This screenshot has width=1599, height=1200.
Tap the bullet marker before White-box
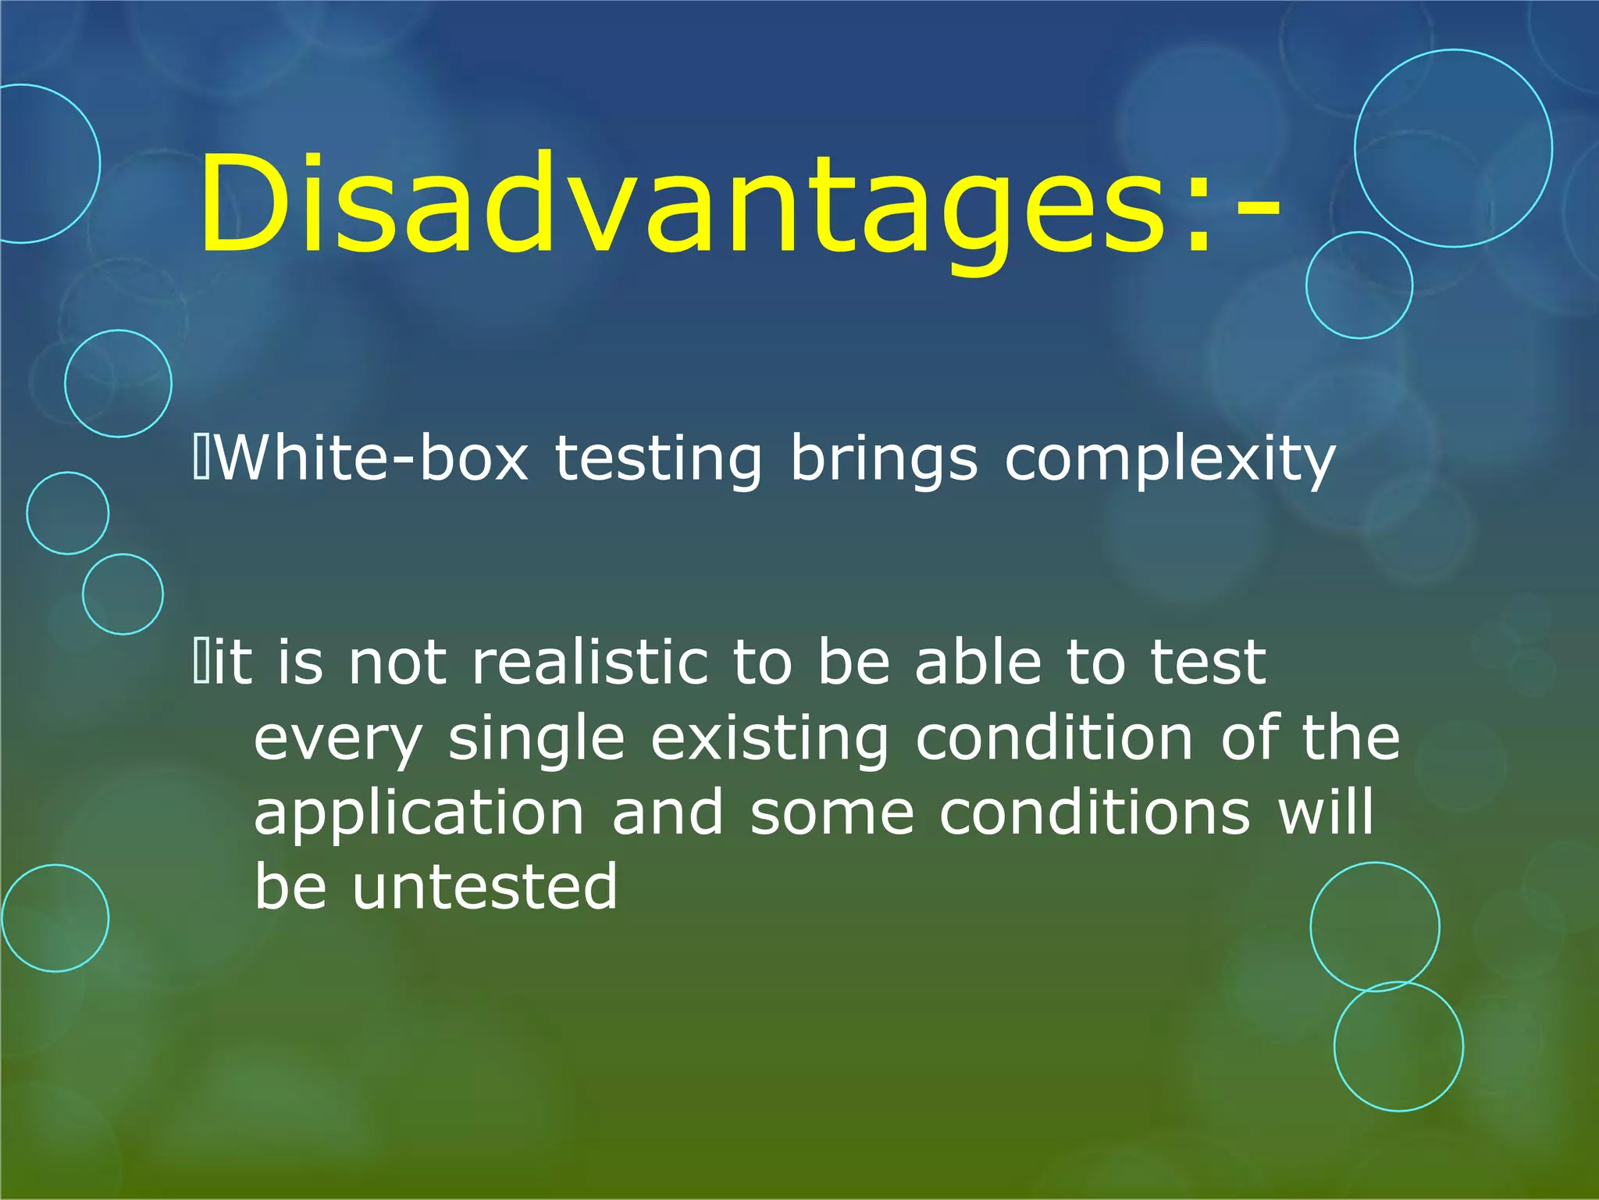pos(200,459)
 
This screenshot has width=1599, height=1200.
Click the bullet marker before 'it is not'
pos(200,662)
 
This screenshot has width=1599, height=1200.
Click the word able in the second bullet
pos(978,662)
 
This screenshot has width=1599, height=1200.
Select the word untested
pos(485,887)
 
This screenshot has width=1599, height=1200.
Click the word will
pos(1325,812)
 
